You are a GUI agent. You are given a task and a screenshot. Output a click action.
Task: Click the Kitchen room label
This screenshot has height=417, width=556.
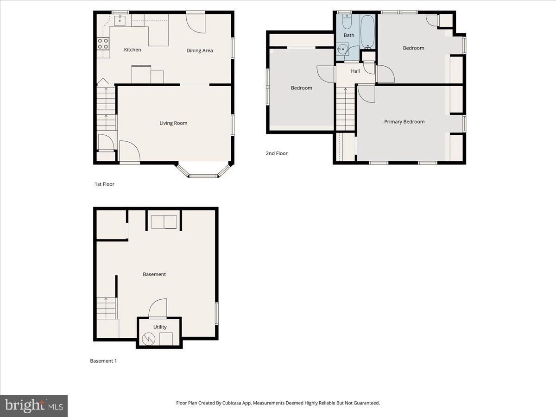pyautogui.click(x=133, y=50)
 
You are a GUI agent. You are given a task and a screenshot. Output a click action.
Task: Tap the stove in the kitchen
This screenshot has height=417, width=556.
pyautogui.click(x=103, y=44)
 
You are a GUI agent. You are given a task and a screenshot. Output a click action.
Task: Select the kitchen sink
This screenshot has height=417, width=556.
pyautogui.click(x=120, y=19)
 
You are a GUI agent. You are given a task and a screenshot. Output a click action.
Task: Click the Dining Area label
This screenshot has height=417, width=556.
pyautogui.click(x=200, y=51)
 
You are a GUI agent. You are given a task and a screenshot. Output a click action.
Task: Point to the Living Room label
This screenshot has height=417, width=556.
pyautogui.click(x=173, y=123)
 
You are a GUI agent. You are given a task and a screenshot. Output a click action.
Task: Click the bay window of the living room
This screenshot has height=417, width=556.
pyautogui.click(x=204, y=175)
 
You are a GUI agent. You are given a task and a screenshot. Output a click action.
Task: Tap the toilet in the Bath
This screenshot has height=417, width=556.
pyautogui.click(x=347, y=22)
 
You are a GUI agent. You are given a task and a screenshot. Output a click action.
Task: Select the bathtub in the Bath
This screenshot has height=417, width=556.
pyautogui.click(x=368, y=32)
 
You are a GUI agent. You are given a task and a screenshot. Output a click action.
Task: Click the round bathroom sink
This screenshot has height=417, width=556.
pyautogui.click(x=343, y=49)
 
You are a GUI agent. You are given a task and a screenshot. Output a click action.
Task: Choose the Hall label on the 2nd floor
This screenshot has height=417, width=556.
pyautogui.click(x=355, y=71)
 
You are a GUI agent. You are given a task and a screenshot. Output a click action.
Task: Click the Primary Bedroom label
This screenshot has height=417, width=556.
pyautogui.click(x=404, y=122)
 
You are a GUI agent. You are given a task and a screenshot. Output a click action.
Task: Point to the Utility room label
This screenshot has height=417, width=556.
pyautogui.click(x=160, y=327)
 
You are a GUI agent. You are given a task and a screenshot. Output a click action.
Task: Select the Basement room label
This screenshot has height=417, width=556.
pyautogui.click(x=154, y=274)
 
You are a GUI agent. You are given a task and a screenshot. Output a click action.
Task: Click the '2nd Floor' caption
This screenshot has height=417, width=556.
pyautogui.click(x=277, y=153)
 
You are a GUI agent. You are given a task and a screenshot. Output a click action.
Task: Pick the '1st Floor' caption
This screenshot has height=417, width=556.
pyautogui.click(x=104, y=184)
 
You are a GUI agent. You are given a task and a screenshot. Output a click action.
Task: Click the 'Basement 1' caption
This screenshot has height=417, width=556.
pyautogui.click(x=103, y=361)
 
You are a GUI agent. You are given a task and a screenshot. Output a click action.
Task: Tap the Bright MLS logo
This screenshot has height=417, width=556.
pyautogui.click(x=34, y=406)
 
